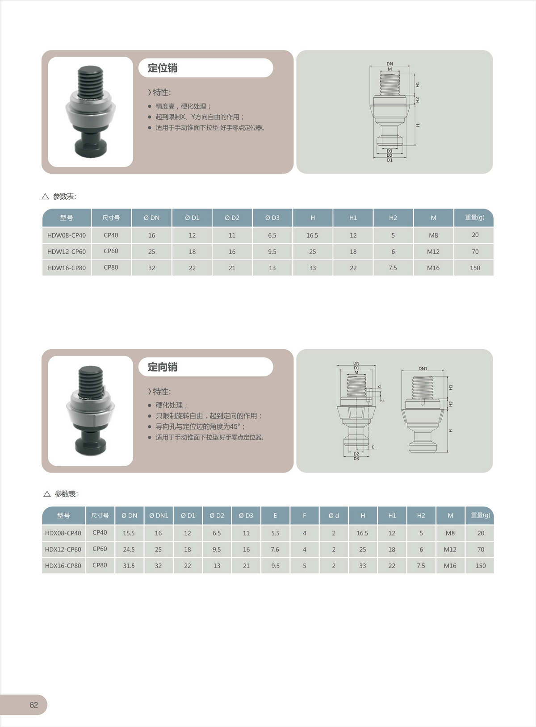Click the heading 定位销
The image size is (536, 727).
(x=162, y=68)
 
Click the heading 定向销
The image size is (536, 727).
(x=162, y=367)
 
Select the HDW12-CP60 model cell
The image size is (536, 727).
(x=67, y=251)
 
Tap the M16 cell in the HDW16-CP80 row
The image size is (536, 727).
(x=433, y=268)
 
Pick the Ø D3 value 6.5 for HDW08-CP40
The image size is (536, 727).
(x=272, y=235)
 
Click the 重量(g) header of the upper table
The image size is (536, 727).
(x=474, y=217)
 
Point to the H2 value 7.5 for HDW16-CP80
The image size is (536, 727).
(x=393, y=268)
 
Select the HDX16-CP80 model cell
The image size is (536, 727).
(x=63, y=566)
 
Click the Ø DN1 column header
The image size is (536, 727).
(x=159, y=515)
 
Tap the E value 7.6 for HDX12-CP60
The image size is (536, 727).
(x=275, y=549)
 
